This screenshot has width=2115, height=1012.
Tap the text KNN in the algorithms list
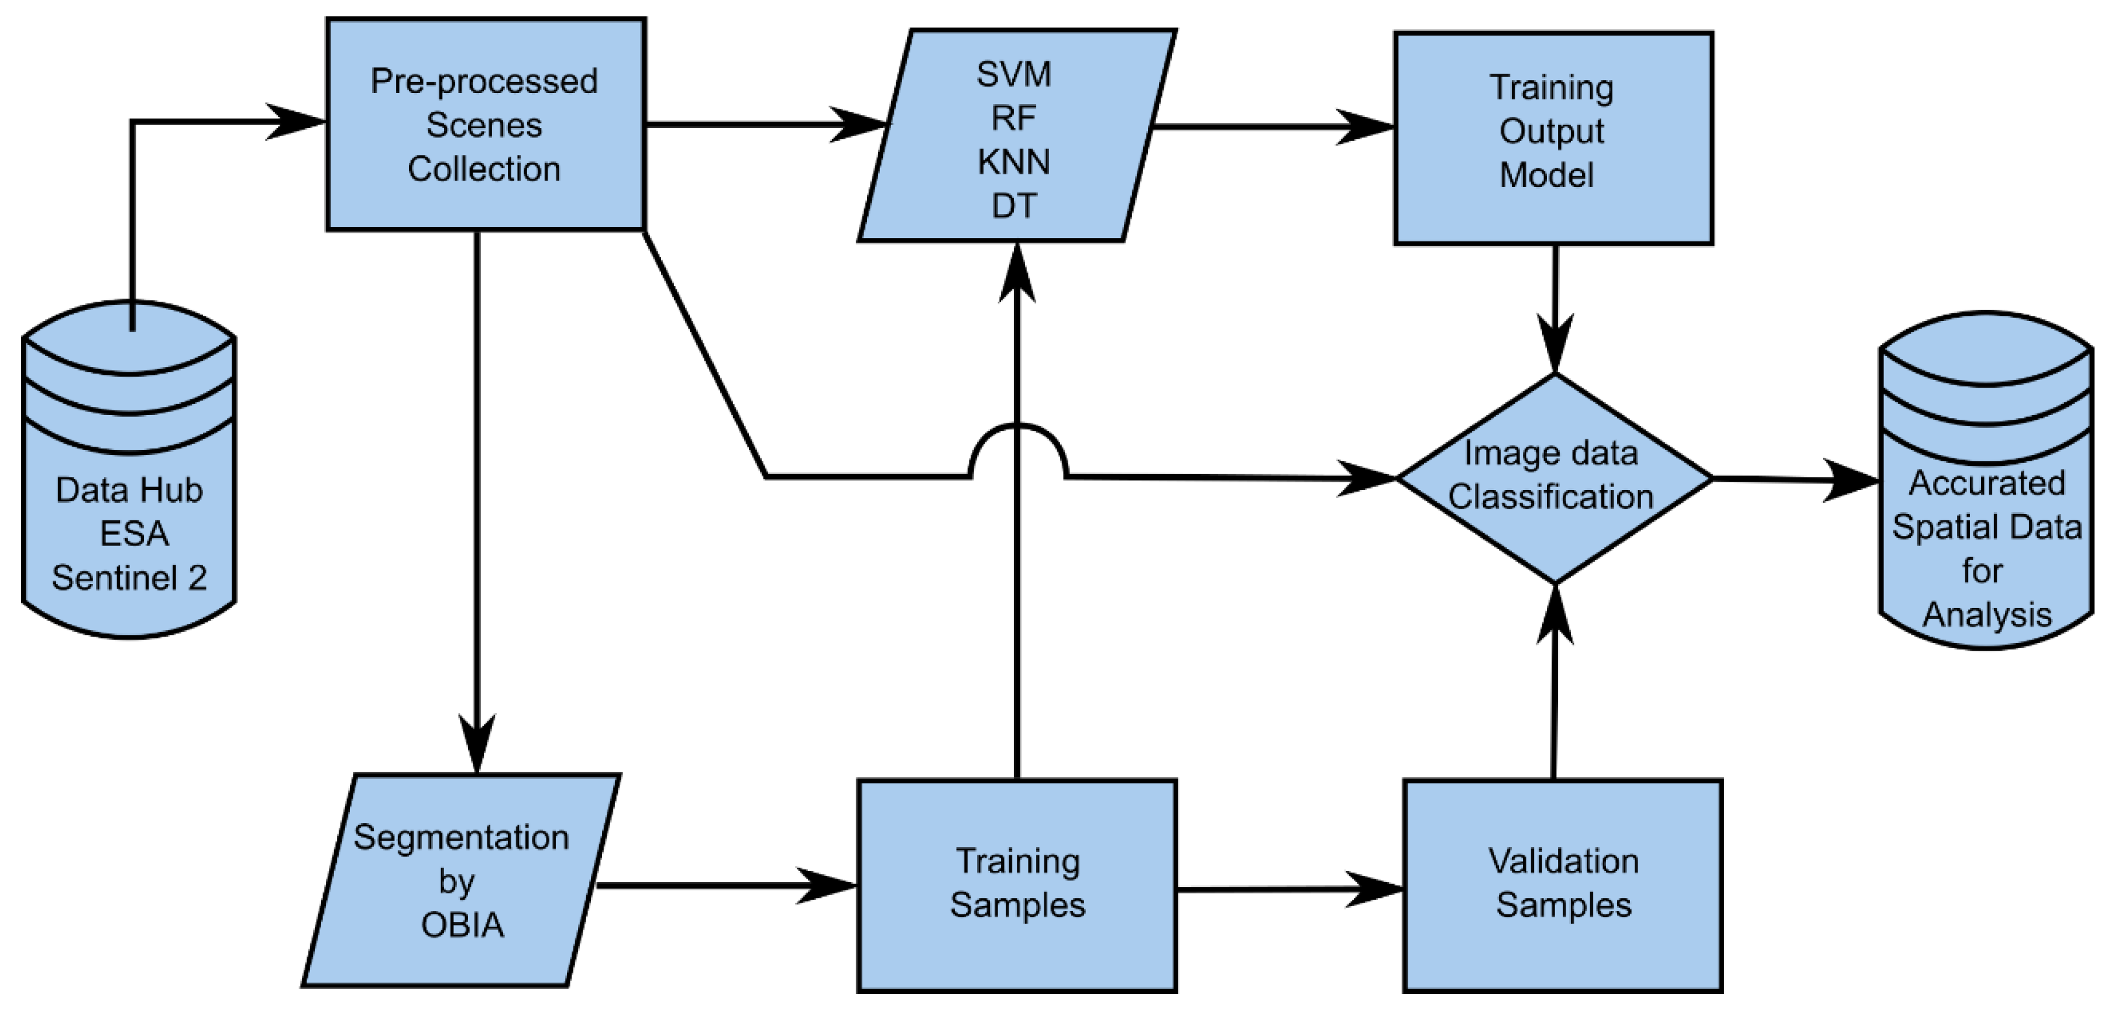[1013, 163]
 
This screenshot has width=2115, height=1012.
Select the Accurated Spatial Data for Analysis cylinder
[1985, 525]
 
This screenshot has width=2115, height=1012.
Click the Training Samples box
[1016, 885]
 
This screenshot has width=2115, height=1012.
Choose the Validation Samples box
[1563, 885]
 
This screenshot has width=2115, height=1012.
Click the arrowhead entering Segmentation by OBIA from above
[477, 743]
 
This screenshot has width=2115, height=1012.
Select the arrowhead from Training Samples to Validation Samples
[1375, 889]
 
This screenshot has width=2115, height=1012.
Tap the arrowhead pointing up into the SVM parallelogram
[1016, 275]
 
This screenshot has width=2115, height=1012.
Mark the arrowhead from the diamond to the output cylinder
[1852, 480]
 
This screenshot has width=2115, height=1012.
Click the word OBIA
[462, 925]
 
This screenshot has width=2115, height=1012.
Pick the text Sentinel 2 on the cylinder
[130, 578]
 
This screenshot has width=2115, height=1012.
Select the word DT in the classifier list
[1014, 206]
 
